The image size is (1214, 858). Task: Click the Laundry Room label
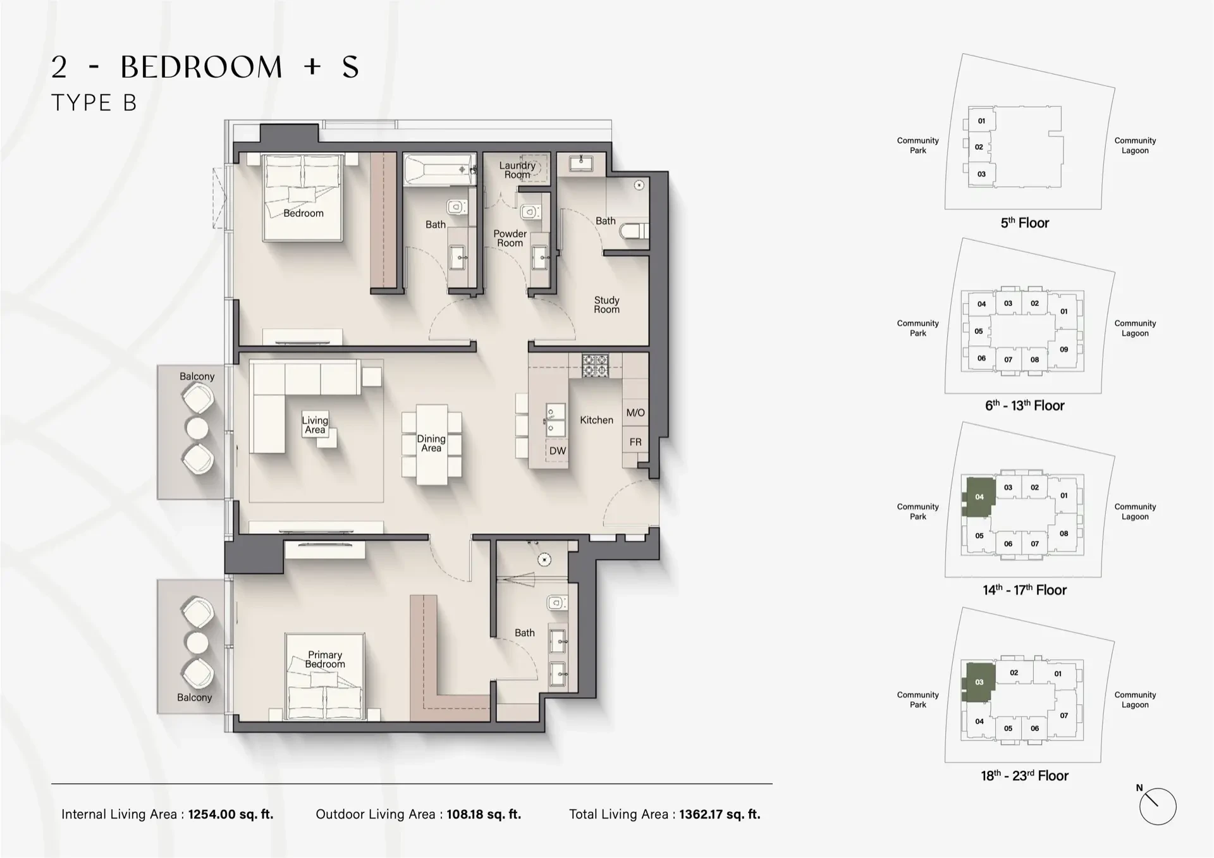[x=517, y=170]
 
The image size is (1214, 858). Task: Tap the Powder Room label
[x=510, y=238]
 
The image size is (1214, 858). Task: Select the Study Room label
[x=606, y=305]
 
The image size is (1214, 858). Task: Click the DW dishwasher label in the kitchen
[x=557, y=451]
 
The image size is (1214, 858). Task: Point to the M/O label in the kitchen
[x=635, y=413]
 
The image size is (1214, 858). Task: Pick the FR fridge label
[x=635, y=442]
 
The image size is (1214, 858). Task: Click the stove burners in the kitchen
[x=595, y=365]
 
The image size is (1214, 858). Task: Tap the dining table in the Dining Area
[x=431, y=444]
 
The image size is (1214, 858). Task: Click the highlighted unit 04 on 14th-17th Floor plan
[x=979, y=497]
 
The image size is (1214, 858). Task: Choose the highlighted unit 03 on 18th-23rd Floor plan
[x=979, y=682]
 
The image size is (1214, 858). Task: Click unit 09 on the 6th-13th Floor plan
[x=1064, y=349]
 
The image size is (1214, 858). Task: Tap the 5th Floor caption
[x=1024, y=223]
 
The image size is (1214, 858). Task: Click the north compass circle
[x=1157, y=807]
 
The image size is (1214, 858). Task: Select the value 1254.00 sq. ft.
[x=231, y=814]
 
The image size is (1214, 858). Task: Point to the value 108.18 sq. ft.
[x=484, y=814]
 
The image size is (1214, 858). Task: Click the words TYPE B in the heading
[x=94, y=103]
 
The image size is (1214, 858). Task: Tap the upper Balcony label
[x=197, y=376]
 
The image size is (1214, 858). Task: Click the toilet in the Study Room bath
[x=634, y=231]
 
